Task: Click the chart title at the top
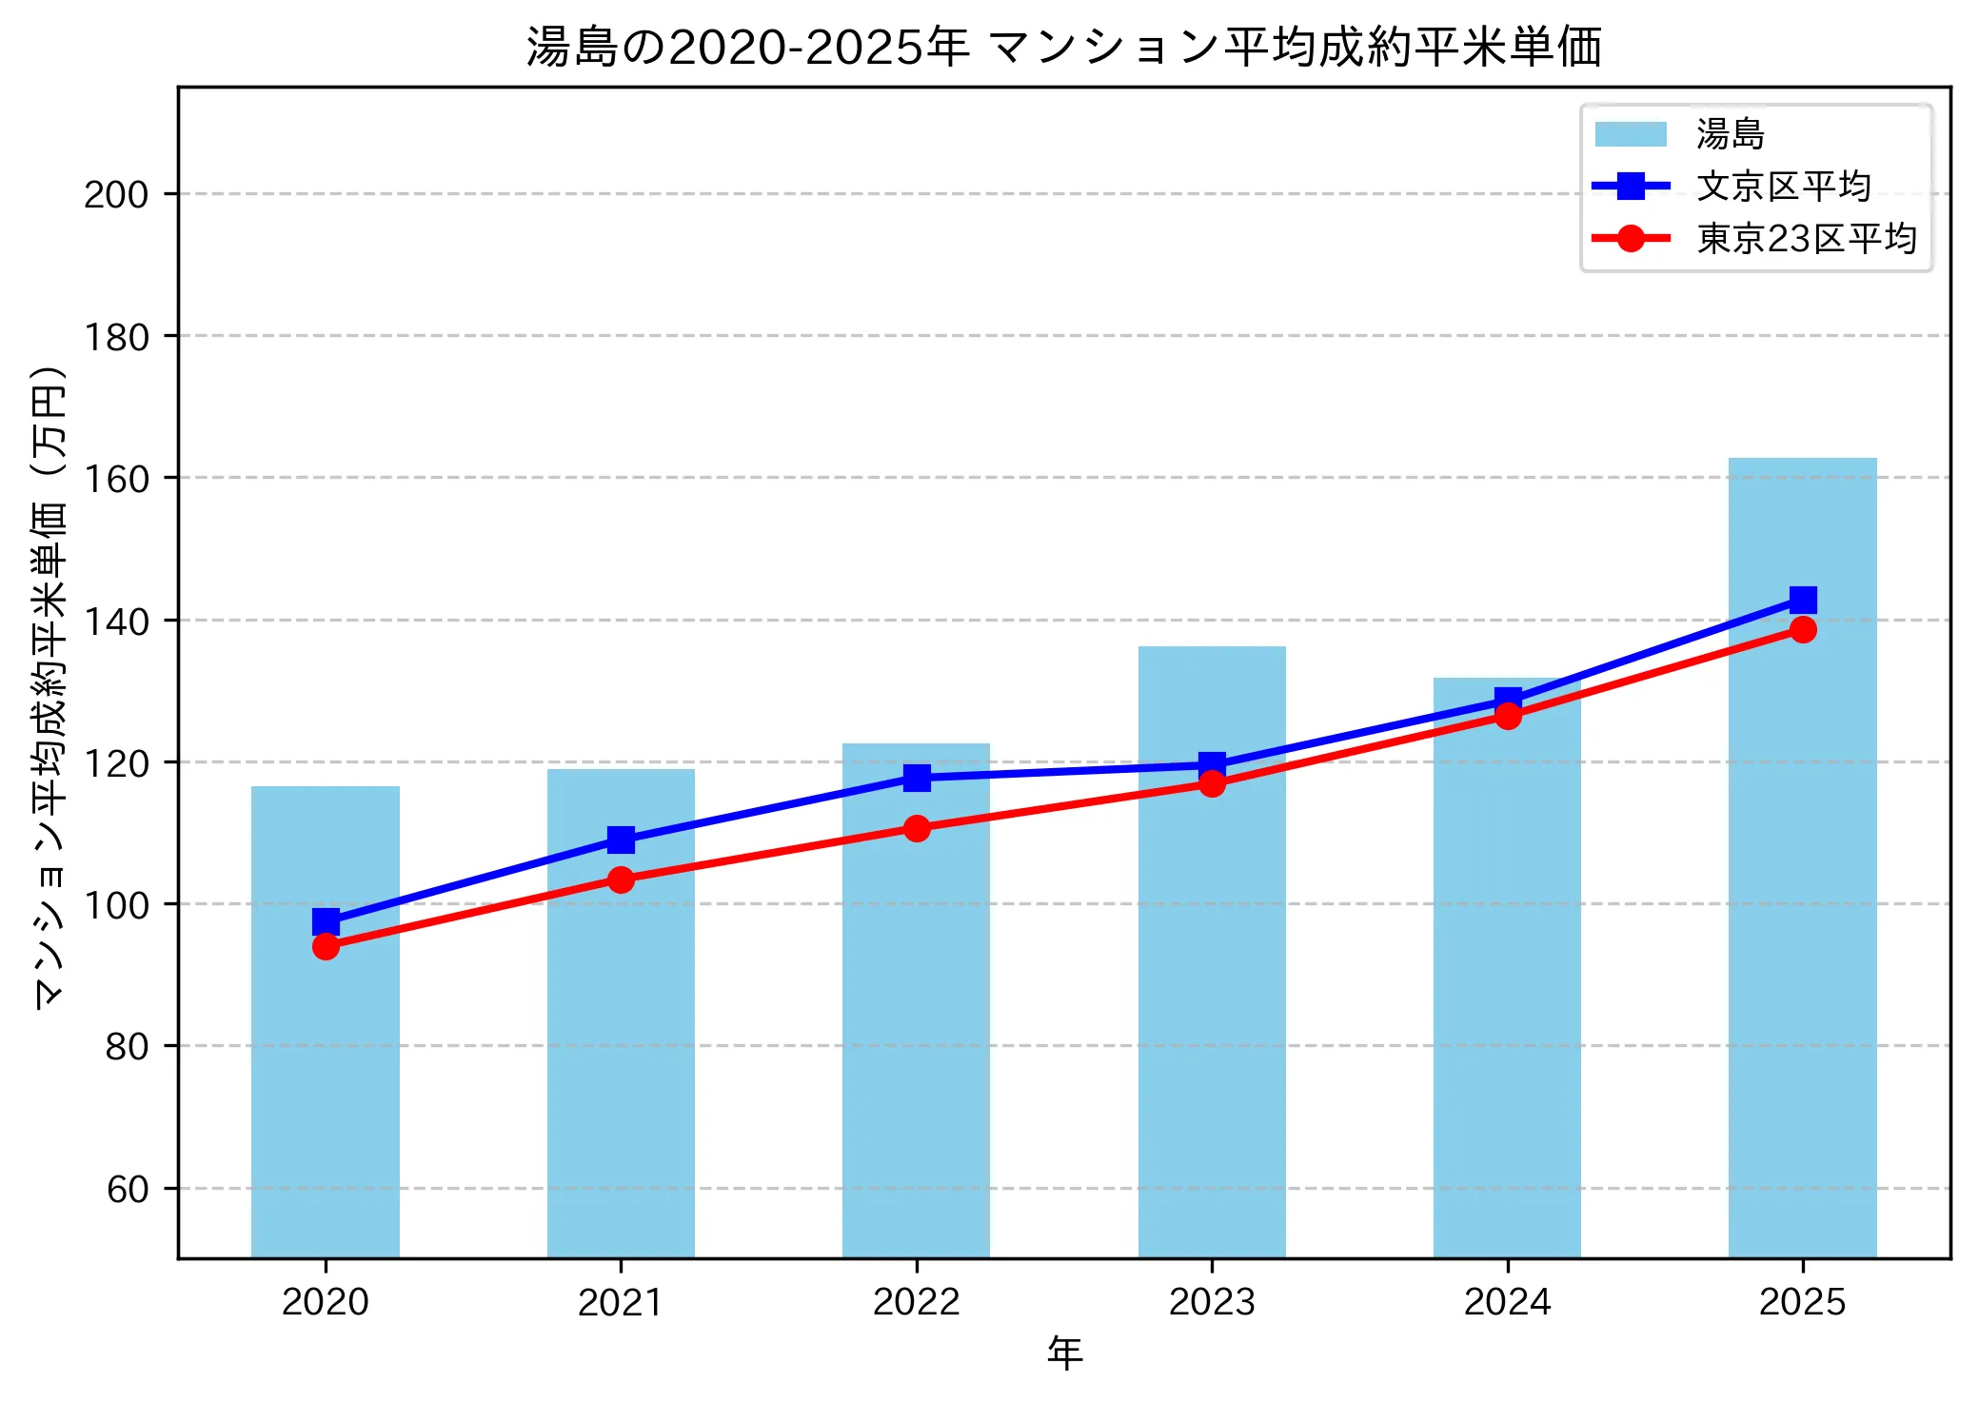click(1063, 47)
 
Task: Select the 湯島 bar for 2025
click(1802, 857)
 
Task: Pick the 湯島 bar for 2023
click(1212, 952)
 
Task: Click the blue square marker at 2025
click(1802, 600)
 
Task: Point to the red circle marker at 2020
click(326, 946)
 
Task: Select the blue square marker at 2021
click(621, 840)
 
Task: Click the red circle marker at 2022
click(917, 828)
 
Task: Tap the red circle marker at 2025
click(1802, 629)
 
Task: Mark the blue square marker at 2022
click(917, 778)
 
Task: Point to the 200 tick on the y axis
click(116, 194)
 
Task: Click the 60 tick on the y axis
click(128, 1189)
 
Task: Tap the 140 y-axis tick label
click(116, 621)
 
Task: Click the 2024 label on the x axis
click(1507, 1301)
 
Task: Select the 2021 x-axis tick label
click(621, 1301)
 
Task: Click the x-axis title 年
click(1064, 1353)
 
